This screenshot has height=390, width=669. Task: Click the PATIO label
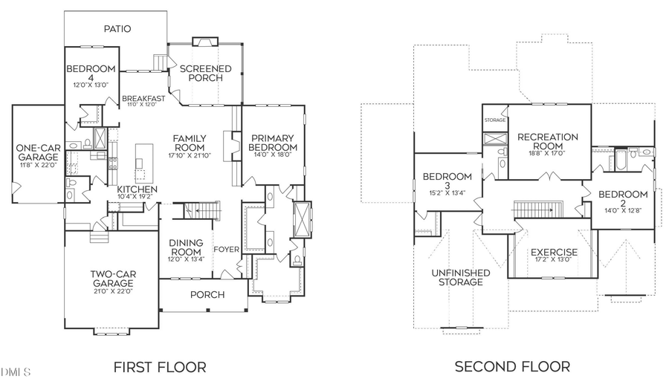[x=117, y=29]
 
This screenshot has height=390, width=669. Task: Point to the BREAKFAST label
[x=143, y=98]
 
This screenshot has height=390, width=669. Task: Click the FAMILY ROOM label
[x=190, y=144]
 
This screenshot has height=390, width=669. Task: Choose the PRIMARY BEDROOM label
[x=274, y=143]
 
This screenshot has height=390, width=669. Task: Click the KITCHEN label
[x=138, y=190]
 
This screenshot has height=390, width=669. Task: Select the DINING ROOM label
[x=187, y=248]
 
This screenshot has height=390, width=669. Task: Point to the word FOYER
[x=227, y=249]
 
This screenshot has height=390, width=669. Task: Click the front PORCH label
[x=207, y=295]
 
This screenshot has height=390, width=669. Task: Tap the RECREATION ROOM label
[x=548, y=142]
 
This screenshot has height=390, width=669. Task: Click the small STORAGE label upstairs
[x=495, y=120]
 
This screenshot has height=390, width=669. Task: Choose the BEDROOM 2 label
[x=623, y=199]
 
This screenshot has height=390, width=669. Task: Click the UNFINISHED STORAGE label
[x=461, y=277]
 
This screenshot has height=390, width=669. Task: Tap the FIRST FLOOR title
[x=159, y=366]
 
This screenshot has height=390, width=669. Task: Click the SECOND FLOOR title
[x=512, y=366]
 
